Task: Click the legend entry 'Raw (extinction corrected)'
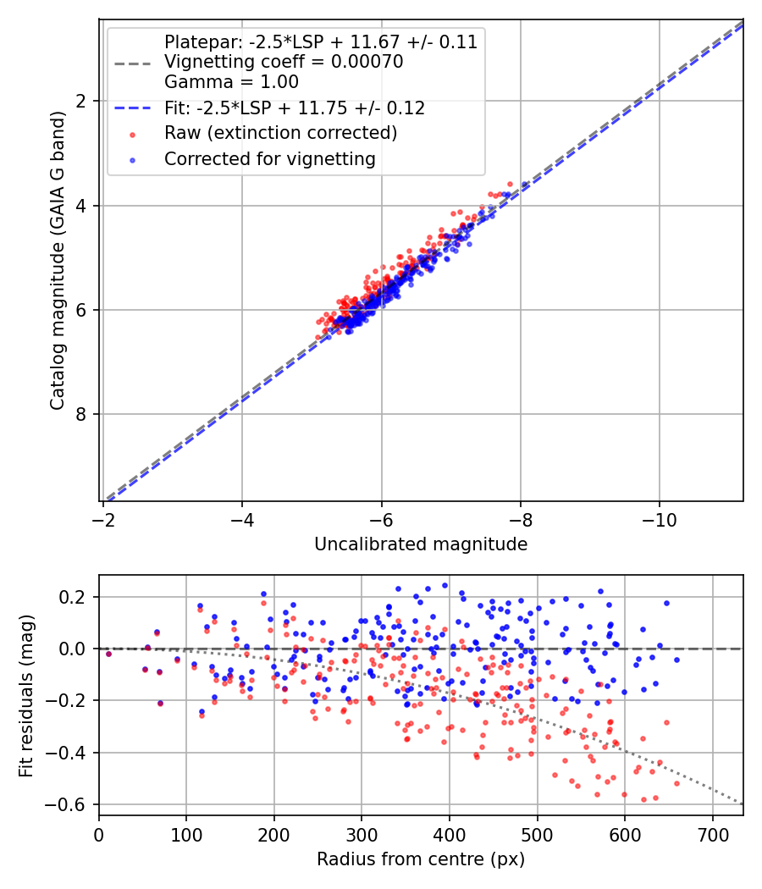[x=280, y=133]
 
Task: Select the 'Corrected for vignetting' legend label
[x=269, y=158]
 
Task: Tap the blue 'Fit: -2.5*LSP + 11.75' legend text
[x=295, y=108]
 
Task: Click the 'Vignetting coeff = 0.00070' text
[x=284, y=62]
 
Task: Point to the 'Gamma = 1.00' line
[x=231, y=82]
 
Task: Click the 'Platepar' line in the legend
[x=320, y=41]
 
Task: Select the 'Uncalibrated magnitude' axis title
[x=421, y=544]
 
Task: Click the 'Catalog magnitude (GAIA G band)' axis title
[x=57, y=258]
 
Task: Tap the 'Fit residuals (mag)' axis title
[x=26, y=694]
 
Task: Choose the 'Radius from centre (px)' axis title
[x=421, y=859]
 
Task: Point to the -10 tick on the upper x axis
[x=660, y=519]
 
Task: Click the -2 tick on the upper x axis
[x=103, y=519]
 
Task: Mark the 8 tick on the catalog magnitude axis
[x=82, y=414]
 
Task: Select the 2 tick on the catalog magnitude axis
[x=82, y=102]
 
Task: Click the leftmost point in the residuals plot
[x=108, y=654]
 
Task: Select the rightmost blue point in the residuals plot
[x=676, y=660]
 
